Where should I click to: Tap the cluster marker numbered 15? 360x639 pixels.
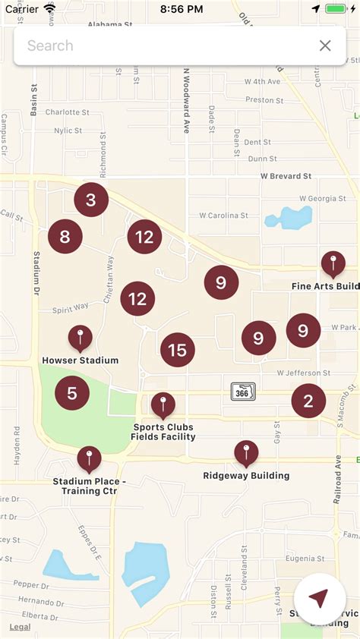178,350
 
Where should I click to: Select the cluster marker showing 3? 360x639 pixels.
91,200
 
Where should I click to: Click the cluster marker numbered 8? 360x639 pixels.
65,237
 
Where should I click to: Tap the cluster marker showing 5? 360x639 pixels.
72,393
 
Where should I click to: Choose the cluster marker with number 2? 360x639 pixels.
308,401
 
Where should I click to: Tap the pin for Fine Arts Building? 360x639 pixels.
333,264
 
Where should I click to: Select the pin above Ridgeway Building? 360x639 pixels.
246,454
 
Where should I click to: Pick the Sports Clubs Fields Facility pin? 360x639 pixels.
163,405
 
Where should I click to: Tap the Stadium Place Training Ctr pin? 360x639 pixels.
89,458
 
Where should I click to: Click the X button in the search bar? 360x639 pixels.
325,46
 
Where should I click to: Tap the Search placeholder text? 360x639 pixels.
51,46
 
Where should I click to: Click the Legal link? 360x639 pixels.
20,627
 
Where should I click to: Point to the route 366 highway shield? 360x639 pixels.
243,392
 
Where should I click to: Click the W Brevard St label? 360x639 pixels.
286,176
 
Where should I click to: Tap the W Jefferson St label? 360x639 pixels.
304,373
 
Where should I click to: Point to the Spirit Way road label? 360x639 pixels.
71,307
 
